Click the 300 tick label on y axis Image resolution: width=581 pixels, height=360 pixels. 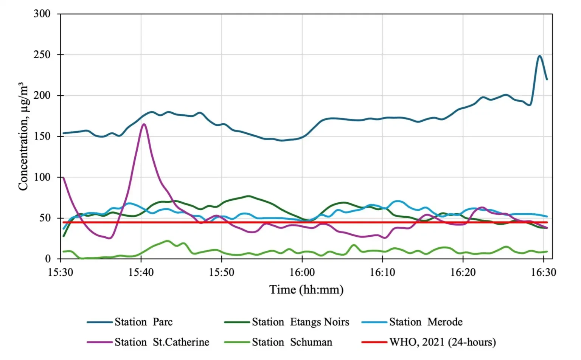(42, 14)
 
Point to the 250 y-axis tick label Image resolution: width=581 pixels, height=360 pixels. (42, 55)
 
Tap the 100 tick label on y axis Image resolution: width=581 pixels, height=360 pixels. (42, 177)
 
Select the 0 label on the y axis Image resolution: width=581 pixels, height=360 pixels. (48, 259)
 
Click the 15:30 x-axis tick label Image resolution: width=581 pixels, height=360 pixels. (61, 272)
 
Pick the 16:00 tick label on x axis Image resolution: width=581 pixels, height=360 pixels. (302, 272)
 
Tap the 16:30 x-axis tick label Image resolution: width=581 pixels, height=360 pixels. (544, 272)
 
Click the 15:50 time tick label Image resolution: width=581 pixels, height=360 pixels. (221, 272)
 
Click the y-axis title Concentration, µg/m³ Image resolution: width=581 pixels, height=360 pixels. (23, 136)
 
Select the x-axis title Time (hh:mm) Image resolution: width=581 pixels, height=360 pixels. (306, 290)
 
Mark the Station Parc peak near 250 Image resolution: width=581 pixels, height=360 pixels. (539, 56)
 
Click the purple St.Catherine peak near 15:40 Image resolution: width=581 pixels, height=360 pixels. (144, 124)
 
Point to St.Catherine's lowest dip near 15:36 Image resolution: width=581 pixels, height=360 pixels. (109, 238)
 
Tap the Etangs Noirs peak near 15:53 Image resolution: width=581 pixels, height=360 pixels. (249, 196)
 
